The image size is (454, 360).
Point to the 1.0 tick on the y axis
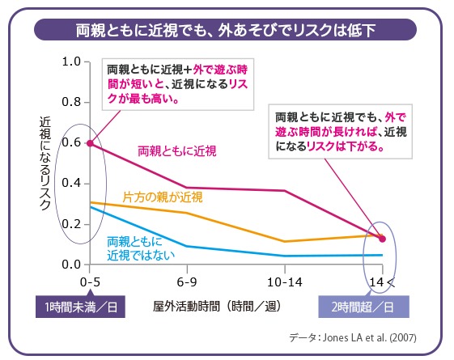coord(70,61)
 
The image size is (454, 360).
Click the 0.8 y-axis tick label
coord(70,102)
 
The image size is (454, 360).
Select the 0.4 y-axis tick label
coord(70,183)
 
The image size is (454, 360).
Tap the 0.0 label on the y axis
coord(70,265)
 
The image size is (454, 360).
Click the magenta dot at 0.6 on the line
coord(89,142)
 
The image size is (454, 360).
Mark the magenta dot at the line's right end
coord(383,239)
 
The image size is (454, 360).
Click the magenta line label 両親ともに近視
coord(182,150)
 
